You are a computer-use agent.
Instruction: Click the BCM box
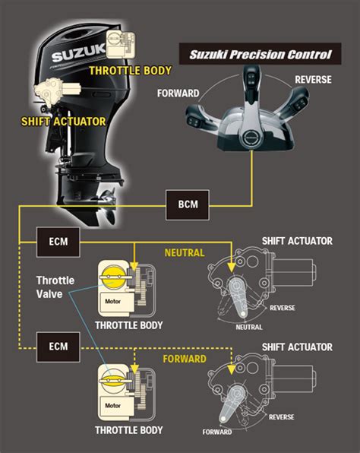pyautogui.click(x=187, y=204)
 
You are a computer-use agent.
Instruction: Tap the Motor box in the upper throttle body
pyautogui.click(x=106, y=299)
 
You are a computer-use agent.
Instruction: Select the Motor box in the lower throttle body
pyautogui.click(x=106, y=400)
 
